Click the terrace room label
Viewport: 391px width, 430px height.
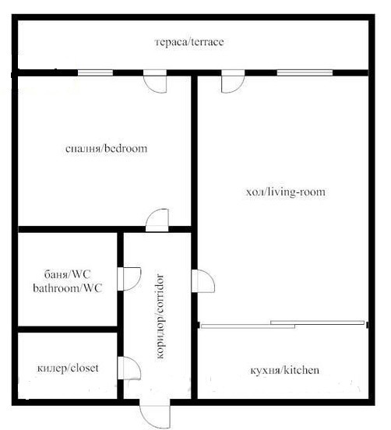tap(189, 42)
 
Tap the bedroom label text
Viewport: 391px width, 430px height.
tap(106, 148)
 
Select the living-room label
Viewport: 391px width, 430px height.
tap(286, 192)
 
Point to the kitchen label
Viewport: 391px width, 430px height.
tap(284, 370)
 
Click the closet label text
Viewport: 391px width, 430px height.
tap(68, 368)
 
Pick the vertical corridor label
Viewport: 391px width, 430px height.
tap(160, 316)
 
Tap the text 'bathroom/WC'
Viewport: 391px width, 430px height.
tap(68, 288)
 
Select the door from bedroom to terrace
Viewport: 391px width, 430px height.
tap(155, 82)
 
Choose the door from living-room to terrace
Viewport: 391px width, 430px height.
tap(233, 82)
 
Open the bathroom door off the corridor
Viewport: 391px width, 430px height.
tap(129, 279)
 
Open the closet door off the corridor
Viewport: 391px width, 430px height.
tap(129, 368)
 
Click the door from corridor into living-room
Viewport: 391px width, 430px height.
tap(203, 281)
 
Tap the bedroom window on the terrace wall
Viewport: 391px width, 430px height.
tap(95, 72)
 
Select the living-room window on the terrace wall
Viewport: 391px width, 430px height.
tap(305, 72)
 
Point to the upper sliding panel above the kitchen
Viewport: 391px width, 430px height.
tap(317, 322)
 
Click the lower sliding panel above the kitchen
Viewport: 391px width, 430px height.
tap(248, 326)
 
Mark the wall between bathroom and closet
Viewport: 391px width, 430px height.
tap(68, 330)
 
